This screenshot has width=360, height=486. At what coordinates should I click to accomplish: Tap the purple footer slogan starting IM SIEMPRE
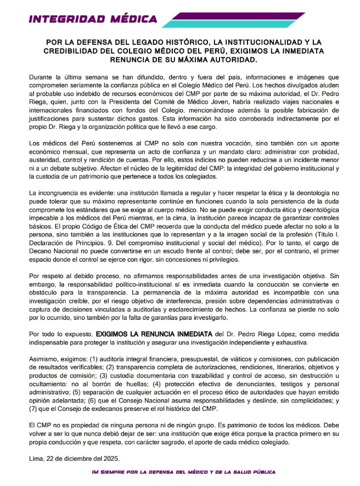[183, 472]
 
